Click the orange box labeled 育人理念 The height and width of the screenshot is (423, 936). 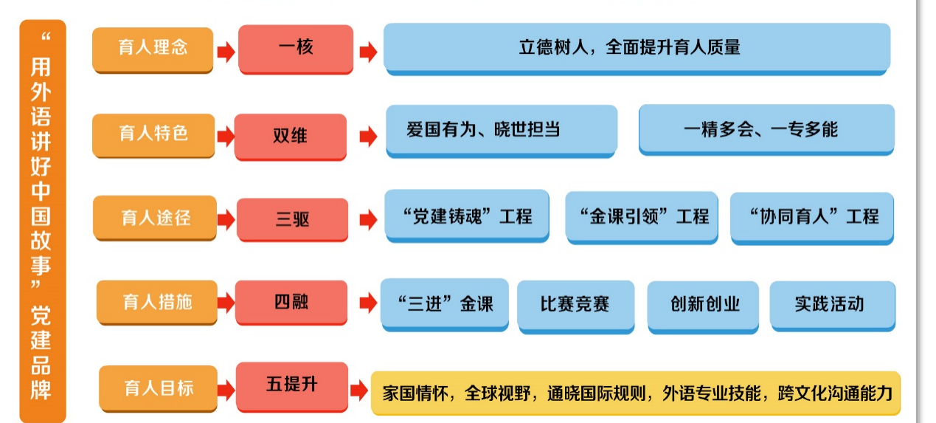(153, 49)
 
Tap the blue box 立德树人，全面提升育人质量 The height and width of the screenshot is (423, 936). (637, 48)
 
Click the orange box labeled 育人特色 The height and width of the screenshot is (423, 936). (153, 134)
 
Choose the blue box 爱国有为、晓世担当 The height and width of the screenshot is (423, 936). (502, 130)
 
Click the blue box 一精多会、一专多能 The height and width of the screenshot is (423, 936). (766, 129)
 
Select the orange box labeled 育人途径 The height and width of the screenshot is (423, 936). (155, 218)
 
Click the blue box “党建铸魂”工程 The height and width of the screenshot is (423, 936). (468, 216)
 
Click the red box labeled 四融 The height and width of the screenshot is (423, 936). (291, 302)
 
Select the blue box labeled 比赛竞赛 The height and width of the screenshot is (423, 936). (575, 304)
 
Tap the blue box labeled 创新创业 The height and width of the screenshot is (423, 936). (703, 304)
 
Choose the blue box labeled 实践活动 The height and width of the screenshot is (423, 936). (832, 304)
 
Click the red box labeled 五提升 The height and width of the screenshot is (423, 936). (292, 385)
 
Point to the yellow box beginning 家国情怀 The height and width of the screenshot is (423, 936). (635, 392)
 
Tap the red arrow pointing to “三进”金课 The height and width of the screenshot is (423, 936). (367, 303)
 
